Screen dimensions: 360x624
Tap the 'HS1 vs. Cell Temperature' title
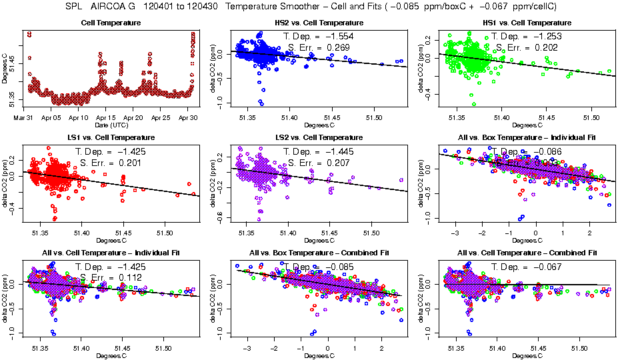click(x=521, y=23)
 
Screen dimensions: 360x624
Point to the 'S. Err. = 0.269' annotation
click(x=317, y=47)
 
